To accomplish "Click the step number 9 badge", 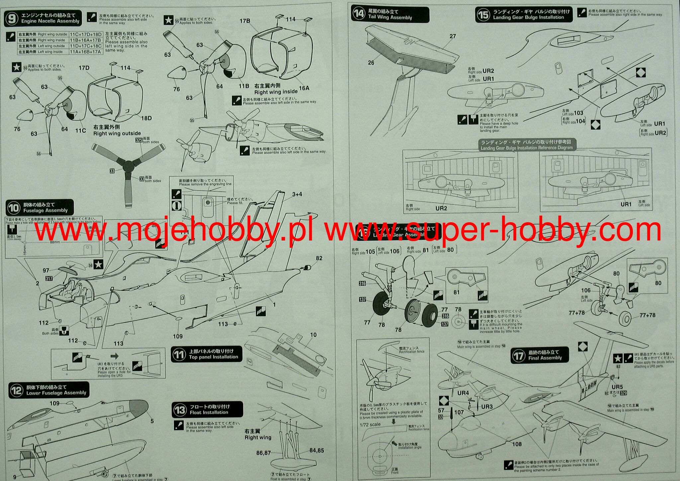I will pos(12,19).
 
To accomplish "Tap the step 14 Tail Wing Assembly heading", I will pos(390,15).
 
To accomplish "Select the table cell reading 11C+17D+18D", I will pos(85,35).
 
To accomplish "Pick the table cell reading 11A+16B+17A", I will pos(85,52).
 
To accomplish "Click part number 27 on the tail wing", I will pos(453,36).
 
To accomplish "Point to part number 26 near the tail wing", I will pos(371,62).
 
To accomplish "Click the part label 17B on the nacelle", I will pos(245,21).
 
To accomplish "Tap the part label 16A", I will pos(304,88).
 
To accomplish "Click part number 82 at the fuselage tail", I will pos(319,258).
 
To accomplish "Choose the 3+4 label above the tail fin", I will pos(297,194).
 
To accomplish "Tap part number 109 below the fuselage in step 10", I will pos(178,336).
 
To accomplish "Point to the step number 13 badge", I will pos(180,410).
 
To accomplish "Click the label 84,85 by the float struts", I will pos(316,450).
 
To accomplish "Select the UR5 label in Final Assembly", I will pos(617,387).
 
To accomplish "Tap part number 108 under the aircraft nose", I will pos(517,444).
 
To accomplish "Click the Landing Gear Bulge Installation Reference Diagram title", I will pos(527,145).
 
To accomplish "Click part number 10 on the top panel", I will pos(313,335).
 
